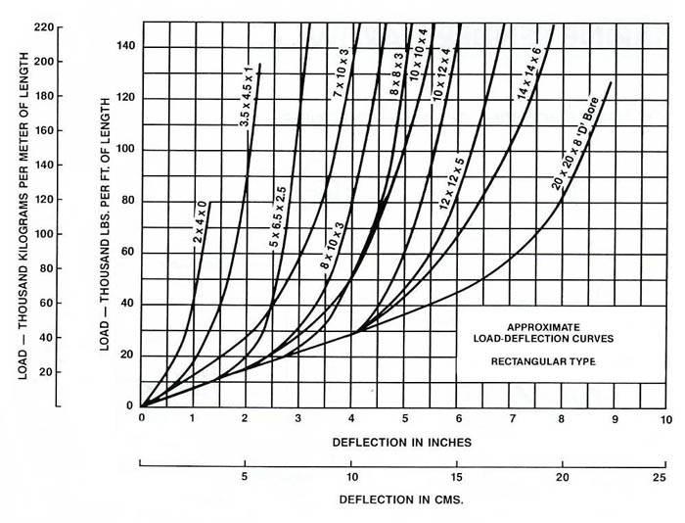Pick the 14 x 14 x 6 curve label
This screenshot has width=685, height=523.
click(x=542, y=76)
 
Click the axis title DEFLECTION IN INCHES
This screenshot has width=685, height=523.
click(x=402, y=443)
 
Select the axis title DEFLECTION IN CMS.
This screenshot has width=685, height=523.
click(x=400, y=499)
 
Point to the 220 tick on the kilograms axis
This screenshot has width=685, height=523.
click(x=42, y=26)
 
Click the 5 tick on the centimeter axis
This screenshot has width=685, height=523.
click(x=247, y=477)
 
